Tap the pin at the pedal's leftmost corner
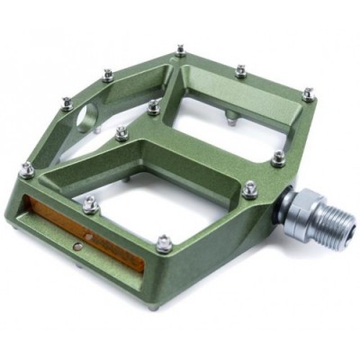tap(28, 168)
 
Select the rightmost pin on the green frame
tap(308, 93)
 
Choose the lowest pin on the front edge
tap(163, 241)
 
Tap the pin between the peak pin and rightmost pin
tap(240, 69)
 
